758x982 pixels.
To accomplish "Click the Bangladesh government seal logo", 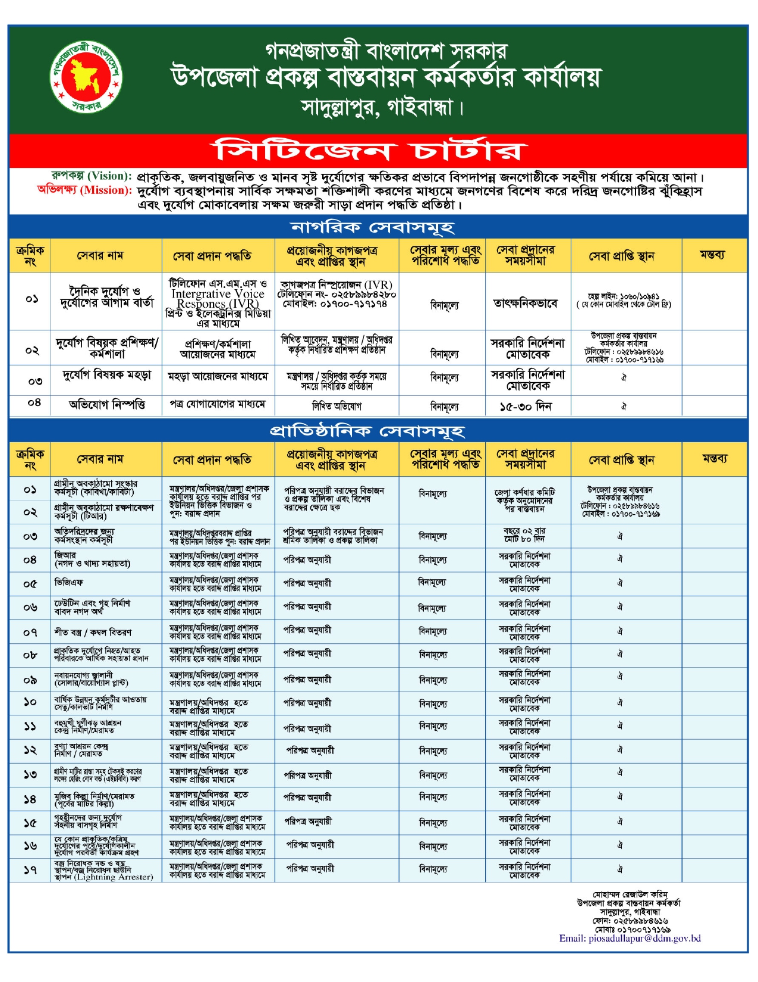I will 87,78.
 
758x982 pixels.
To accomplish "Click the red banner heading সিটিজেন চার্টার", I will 369,151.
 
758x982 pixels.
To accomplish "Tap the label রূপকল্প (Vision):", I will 91,176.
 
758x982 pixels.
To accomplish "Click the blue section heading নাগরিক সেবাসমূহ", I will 373,227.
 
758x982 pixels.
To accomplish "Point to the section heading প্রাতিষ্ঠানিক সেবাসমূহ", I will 367,431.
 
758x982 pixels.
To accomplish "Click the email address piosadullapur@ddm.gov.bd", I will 630,939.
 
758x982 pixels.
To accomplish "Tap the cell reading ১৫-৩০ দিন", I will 526,406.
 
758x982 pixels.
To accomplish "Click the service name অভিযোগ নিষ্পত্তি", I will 107,405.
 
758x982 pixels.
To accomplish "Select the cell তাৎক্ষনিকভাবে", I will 526,304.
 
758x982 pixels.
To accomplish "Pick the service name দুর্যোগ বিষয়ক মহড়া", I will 107,376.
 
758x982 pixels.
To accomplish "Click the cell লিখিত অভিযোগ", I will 336,406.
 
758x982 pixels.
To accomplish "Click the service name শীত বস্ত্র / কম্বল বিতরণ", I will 93,632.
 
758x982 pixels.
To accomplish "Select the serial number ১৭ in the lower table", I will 30,870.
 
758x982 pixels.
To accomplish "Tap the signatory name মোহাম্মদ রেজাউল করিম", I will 630,895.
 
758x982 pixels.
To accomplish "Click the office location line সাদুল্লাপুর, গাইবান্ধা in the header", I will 380,108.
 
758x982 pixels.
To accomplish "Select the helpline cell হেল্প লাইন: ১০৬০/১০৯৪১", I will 623,296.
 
